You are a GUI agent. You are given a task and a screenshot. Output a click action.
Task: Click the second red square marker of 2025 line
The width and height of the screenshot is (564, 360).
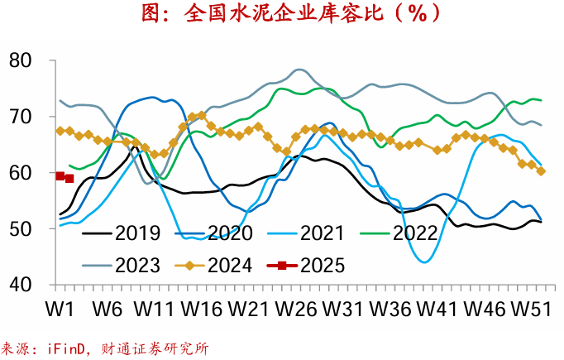pyautogui.click(x=69, y=178)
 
